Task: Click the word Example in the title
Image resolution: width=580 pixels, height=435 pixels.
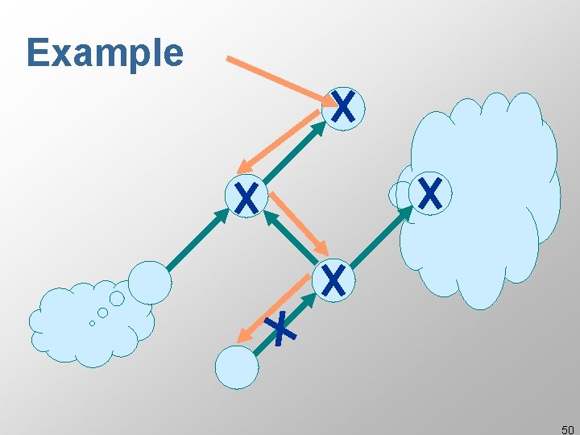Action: [x=105, y=53]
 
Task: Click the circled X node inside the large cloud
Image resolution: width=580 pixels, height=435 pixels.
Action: [x=431, y=194]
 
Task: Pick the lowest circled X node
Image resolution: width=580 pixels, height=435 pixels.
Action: [x=333, y=280]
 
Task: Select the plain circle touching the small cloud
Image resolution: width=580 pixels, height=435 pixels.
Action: [x=151, y=282]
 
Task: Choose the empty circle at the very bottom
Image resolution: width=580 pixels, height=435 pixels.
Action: [x=237, y=367]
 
